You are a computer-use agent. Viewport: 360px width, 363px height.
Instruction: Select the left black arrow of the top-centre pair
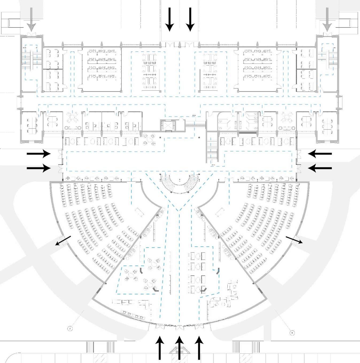(169, 19)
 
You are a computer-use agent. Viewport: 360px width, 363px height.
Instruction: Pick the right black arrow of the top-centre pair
(190, 19)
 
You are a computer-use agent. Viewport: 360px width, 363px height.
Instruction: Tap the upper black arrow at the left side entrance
(39, 154)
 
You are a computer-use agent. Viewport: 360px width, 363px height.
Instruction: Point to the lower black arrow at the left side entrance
(39, 168)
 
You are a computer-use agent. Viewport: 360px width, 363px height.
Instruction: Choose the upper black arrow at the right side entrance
(320, 154)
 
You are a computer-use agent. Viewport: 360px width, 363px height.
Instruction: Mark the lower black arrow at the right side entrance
(320, 168)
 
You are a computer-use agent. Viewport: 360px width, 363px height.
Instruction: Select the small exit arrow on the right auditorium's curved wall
(294, 240)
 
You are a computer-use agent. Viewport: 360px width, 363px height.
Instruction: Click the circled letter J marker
(70, 329)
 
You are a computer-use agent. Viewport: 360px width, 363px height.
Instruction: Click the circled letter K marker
(292, 333)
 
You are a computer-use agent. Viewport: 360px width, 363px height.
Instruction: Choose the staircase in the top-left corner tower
(32, 59)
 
